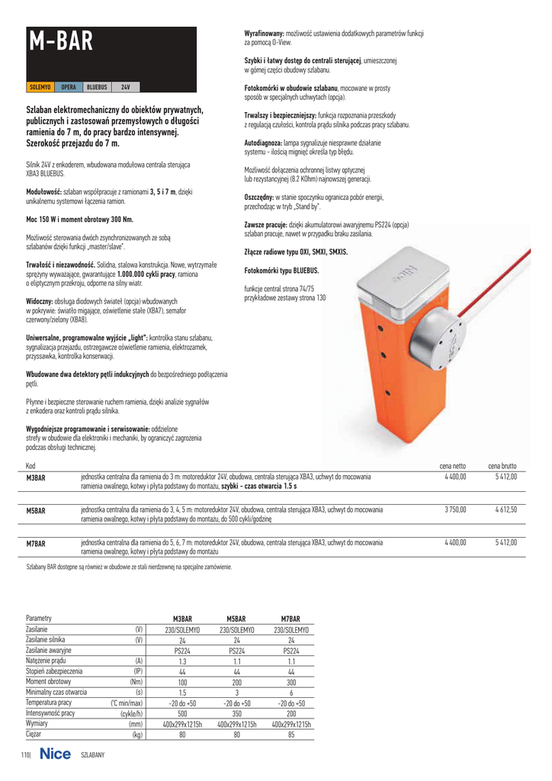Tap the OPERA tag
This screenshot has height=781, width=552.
point(69,87)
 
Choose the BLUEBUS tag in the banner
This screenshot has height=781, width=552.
point(96,87)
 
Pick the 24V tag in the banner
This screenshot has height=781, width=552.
point(127,87)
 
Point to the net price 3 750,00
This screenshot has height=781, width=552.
point(454,509)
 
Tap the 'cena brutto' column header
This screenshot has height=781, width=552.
point(502,464)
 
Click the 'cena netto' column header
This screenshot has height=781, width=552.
point(452,464)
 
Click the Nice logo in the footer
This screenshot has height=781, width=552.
point(55,754)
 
